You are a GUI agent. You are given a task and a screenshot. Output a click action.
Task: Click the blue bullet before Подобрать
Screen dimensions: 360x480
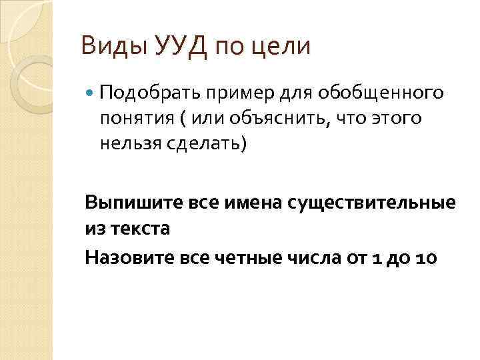(91, 91)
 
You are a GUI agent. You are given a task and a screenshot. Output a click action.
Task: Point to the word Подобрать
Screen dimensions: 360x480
(142, 91)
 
